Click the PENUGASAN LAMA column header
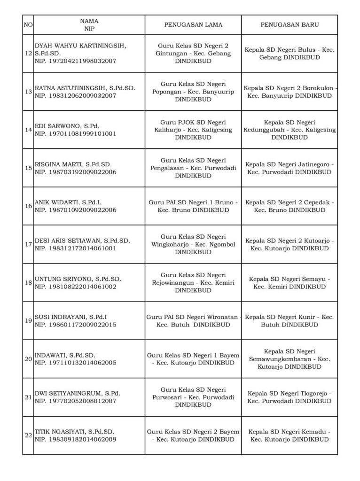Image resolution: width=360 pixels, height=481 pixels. pos(193,24)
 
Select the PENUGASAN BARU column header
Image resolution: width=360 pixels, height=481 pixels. pos(290,24)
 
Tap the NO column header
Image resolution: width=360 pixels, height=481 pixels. pos(28,24)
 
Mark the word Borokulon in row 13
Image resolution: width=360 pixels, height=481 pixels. pos(318,88)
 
